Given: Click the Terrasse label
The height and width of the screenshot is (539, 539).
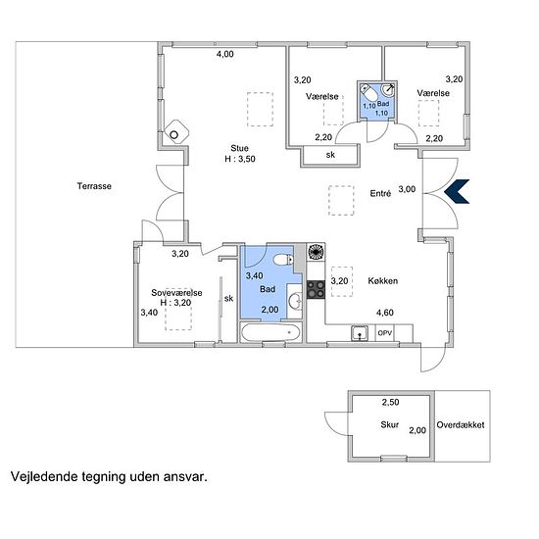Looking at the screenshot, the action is point(94,186).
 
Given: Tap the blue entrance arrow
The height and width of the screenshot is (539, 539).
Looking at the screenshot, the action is point(457,191).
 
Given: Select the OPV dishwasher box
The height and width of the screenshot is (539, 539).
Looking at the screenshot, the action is point(385,333).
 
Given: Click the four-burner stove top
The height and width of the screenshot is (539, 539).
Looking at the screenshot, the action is point(316,289).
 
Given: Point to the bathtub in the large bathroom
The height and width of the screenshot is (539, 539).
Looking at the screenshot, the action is point(270,332).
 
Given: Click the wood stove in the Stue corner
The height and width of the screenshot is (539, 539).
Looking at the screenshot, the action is point(176,131).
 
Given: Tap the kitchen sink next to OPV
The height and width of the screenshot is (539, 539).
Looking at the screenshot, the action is point(360,333).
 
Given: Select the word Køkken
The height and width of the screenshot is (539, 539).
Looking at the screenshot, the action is point(383,281).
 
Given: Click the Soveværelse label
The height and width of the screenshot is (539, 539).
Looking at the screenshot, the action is point(176,293).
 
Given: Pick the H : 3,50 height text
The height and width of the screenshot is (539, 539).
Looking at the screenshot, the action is point(240,159).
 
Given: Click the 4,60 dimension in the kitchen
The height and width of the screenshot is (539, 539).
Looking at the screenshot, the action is point(385,313).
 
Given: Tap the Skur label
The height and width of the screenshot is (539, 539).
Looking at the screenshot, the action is point(389,424).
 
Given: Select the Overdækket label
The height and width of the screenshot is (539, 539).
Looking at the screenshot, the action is point(461,425).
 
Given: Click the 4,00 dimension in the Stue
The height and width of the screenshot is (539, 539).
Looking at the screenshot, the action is point(225,54).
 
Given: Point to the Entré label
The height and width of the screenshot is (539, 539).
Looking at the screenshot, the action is point(380,193).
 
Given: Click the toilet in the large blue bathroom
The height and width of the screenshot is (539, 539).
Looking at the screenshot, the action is point(283,259).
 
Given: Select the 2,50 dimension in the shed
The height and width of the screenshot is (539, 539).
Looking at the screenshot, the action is point(390,402).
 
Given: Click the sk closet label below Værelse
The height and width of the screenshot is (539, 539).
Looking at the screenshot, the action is point(330,155).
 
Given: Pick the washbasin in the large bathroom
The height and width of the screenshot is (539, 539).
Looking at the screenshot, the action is point(295,301).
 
